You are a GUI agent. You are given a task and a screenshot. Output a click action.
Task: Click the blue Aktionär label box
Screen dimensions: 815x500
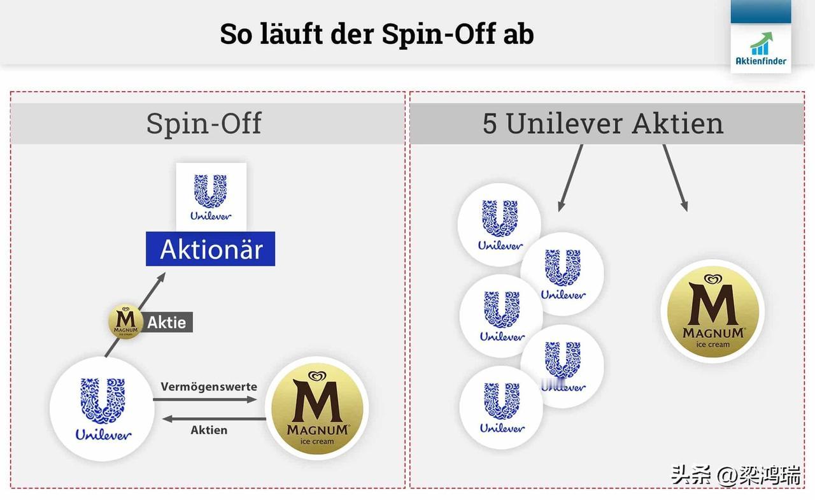click(x=210, y=249)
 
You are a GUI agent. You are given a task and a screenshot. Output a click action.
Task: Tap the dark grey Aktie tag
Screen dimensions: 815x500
click(x=167, y=322)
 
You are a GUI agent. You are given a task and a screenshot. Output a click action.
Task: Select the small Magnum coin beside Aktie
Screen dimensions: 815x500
click(x=125, y=322)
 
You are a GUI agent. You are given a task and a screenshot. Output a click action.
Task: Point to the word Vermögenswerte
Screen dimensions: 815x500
click(x=209, y=387)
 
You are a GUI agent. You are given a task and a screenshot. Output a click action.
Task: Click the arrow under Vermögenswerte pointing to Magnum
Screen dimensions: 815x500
click(x=204, y=400)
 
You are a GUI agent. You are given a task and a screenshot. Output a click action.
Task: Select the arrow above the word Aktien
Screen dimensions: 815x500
click(x=213, y=418)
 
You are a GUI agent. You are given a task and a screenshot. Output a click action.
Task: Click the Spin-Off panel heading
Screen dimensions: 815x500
click(x=204, y=123)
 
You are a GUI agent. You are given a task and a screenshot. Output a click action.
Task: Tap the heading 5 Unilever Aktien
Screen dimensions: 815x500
click(x=603, y=123)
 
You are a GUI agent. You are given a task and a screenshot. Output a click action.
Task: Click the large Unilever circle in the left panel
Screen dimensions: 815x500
click(x=102, y=408)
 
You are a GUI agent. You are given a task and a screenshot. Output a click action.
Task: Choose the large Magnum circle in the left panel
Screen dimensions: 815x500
click(x=317, y=408)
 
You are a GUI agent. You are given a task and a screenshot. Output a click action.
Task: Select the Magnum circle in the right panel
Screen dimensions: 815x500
click(x=712, y=311)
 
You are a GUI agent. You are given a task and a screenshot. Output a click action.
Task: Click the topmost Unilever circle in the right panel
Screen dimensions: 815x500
click(x=500, y=224)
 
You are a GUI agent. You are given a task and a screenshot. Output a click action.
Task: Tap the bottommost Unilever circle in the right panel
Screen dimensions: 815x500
click(x=501, y=408)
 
